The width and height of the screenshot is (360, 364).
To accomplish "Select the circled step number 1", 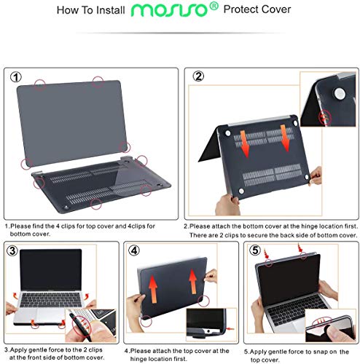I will (17, 76).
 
